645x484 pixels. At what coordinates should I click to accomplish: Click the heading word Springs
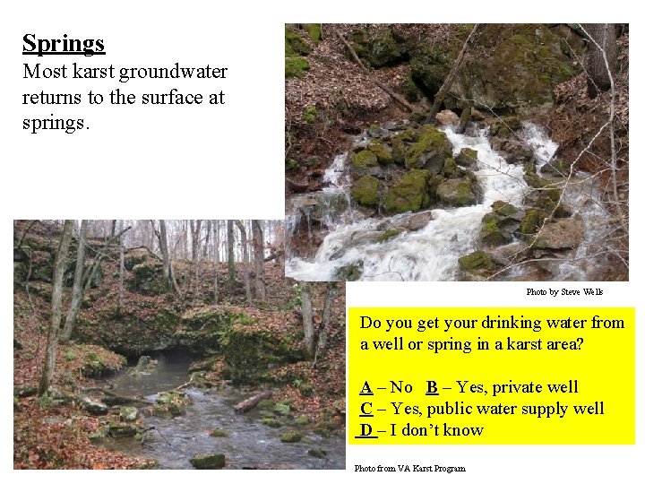tap(64, 43)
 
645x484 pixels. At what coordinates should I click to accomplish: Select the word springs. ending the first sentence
tap(56, 122)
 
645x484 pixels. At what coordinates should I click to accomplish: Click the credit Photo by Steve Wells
tap(564, 292)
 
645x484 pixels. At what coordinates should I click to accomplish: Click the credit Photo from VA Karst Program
tap(410, 469)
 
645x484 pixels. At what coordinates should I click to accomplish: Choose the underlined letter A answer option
tap(366, 387)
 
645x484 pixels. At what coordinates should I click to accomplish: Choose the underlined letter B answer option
tap(432, 387)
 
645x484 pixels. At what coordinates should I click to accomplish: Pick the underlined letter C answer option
tap(366, 409)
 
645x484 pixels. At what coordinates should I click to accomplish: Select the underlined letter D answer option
tap(366, 430)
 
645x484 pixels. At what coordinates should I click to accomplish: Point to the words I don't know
tap(438, 430)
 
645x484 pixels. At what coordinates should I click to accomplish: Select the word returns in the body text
tap(49, 97)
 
